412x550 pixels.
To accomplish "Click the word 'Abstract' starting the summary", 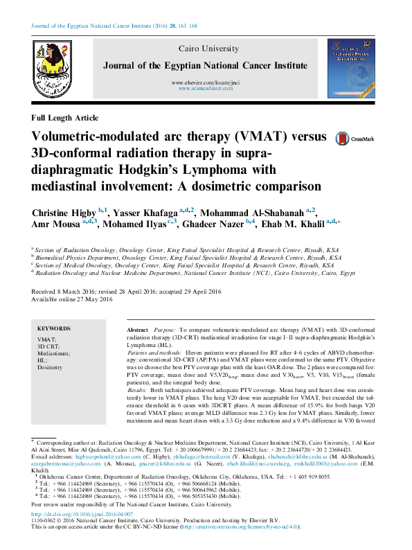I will click(x=138, y=330).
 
